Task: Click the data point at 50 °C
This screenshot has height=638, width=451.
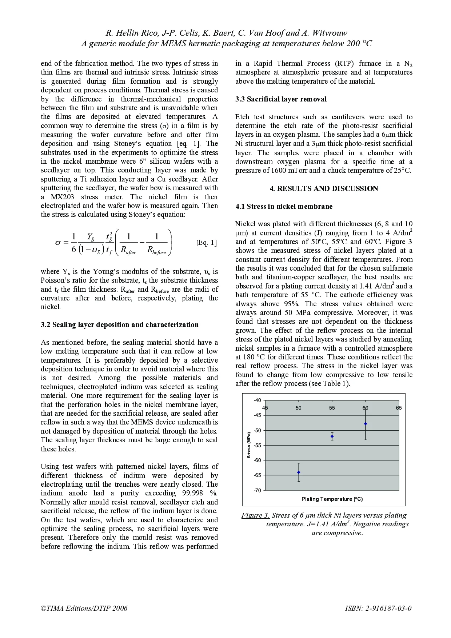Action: tap(299, 472)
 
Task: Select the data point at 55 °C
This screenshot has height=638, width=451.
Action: tap(332, 436)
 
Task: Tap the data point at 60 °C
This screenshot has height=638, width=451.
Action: tap(366, 424)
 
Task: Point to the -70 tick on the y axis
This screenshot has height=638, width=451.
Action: tap(258, 490)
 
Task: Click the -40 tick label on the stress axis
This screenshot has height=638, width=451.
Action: tap(258, 400)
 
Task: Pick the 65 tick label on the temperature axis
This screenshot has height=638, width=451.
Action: tap(399, 408)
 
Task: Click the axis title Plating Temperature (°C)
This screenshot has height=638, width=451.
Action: tap(332, 499)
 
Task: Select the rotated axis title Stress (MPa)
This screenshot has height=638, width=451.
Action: tap(249, 445)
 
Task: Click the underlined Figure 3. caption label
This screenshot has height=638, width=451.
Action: tap(255, 515)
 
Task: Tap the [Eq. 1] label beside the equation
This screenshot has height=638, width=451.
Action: tap(206, 243)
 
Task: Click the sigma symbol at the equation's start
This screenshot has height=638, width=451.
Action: tap(58, 243)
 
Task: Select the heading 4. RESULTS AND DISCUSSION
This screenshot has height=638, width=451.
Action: tap(324, 188)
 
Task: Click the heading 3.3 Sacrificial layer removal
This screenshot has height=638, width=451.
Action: tap(281, 99)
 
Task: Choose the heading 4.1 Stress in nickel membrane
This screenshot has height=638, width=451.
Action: tap(284, 206)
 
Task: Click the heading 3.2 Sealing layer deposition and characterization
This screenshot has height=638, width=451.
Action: tap(120, 324)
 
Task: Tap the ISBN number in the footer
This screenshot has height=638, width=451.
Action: tap(378, 608)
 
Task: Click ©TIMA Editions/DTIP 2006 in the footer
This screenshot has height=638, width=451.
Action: tap(84, 608)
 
